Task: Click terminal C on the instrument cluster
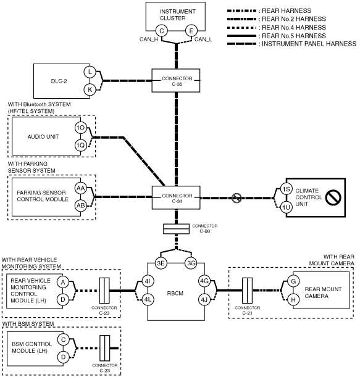tap(161, 31)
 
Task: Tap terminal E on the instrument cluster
tap(191, 31)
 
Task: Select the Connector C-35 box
tap(175, 81)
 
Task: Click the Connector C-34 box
tap(176, 197)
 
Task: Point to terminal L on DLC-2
tap(90, 72)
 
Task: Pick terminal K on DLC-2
tap(90, 89)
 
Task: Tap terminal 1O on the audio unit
tap(81, 128)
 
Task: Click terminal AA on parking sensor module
tap(81, 188)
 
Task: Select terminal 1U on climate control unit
tap(287, 207)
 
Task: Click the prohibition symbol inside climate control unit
tap(333, 197)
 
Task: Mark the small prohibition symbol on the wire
tap(237, 198)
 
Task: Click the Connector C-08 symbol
tap(176, 229)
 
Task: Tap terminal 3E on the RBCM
tap(161, 263)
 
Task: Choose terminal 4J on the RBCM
tap(204, 300)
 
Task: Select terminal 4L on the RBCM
tap(148, 300)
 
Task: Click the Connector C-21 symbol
tap(248, 291)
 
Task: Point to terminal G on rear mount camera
tap(293, 281)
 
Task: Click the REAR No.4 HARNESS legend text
tap(294, 27)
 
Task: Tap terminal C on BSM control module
tap(63, 339)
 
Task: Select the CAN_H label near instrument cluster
tap(149, 39)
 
